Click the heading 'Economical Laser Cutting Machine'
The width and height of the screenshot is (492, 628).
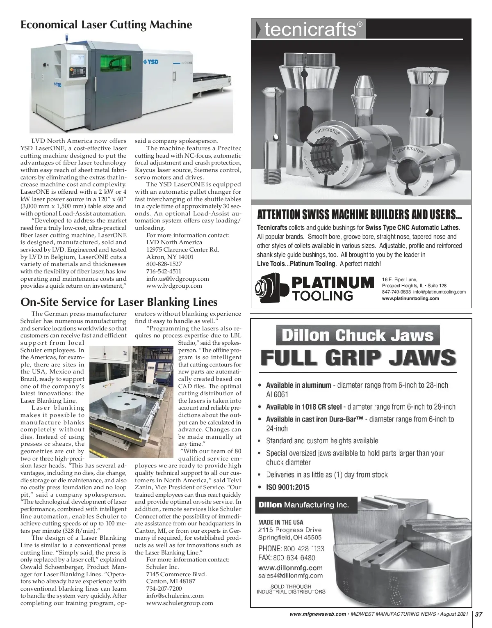pyautogui.click(x=106, y=25)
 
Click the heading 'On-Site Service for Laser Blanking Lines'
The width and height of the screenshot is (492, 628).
pyautogui.click(x=119, y=303)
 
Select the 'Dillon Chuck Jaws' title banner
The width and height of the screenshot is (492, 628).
pyautogui.click(x=358, y=335)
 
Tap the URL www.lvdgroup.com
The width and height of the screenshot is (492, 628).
pyautogui.click(x=174, y=286)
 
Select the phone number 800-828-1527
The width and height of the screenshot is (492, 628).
pyautogui.click(x=164, y=264)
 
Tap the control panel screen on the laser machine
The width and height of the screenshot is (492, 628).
pyautogui.click(x=77, y=60)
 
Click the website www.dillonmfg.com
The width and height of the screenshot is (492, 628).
pyautogui.click(x=290, y=568)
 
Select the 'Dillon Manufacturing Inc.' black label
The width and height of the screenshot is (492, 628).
pyautogui.click(x=303, y=505)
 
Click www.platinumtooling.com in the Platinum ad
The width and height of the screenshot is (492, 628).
pyautogui.click(x=410, y=298)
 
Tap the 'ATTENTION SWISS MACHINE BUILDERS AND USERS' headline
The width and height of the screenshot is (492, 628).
pyautogui.click(x=359, y=215)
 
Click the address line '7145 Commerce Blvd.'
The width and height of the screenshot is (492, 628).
pyautogui.click(x=176, y=574)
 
